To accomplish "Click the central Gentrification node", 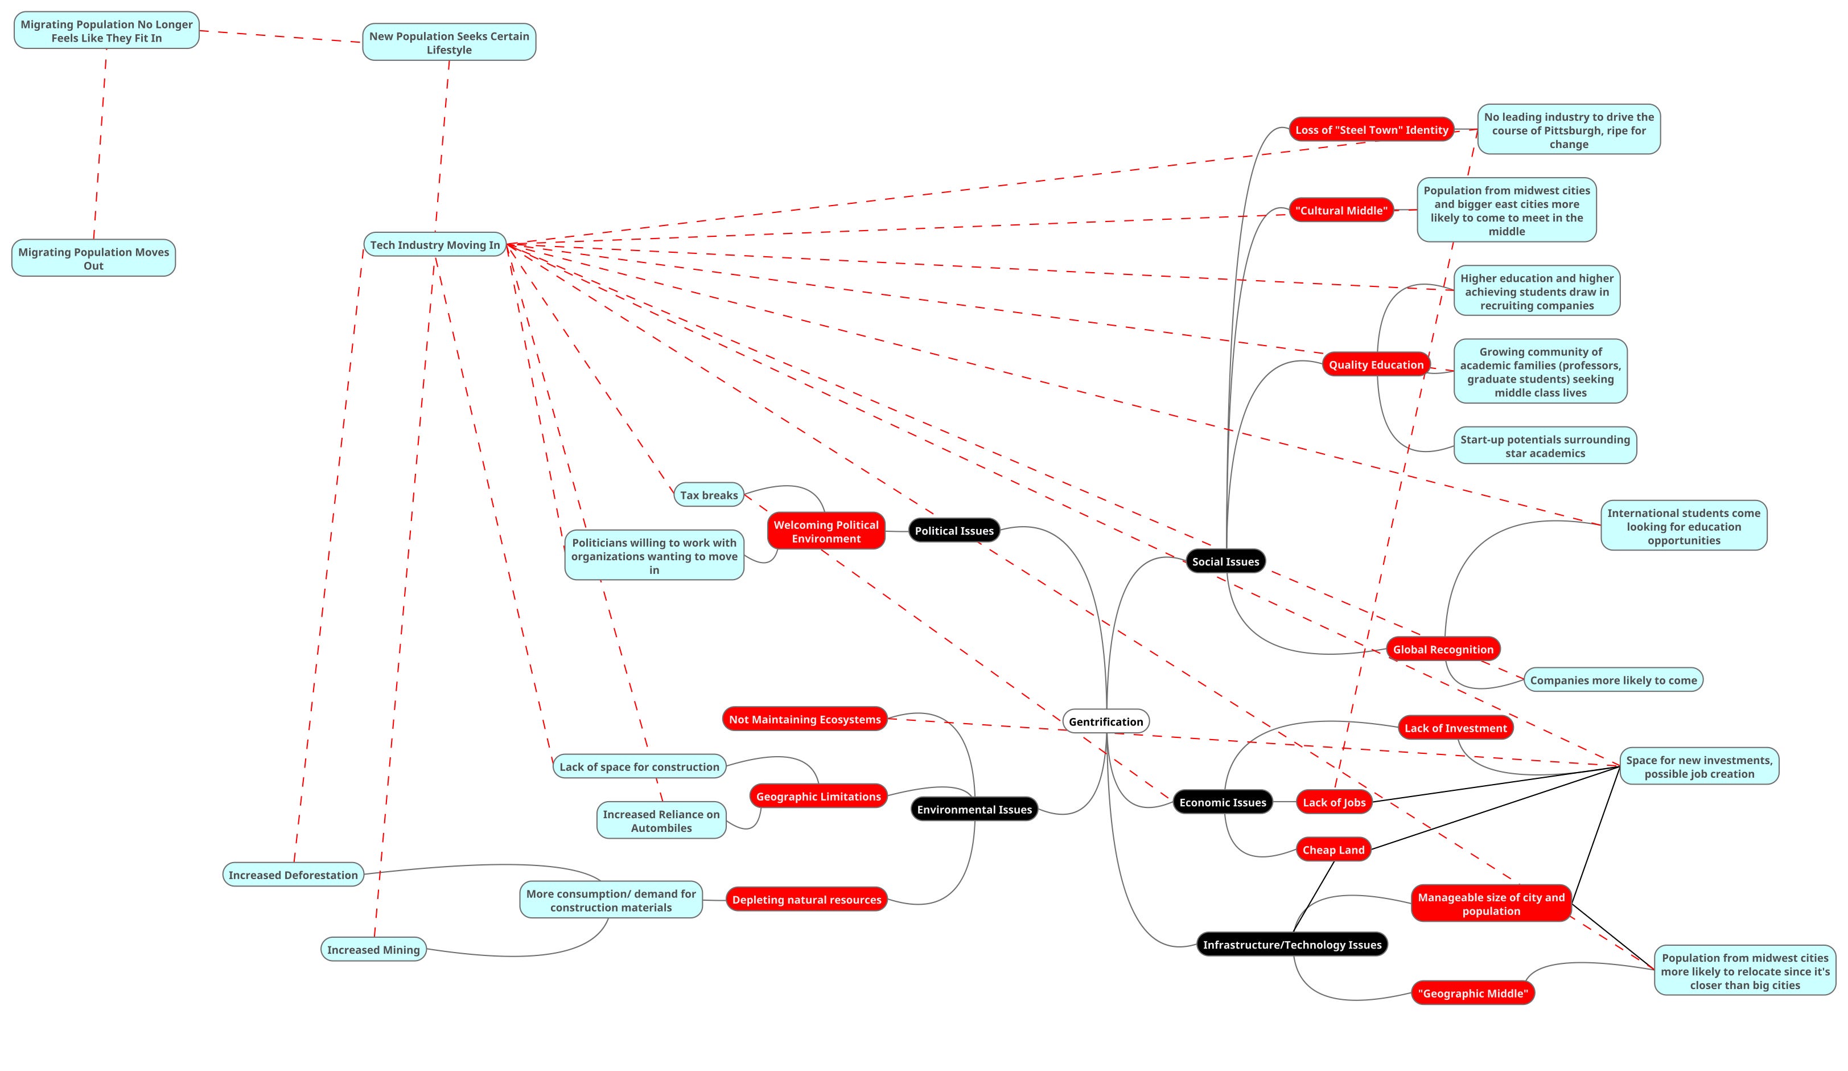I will (x=1105, y=721).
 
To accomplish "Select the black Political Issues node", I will (x=953, y=530).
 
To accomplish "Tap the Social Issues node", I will (x=1225, y=561).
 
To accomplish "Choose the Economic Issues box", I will (x=1222, y=802).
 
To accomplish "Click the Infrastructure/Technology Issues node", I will (x=1291, y=944).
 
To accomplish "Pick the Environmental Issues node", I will (x=973, y=809).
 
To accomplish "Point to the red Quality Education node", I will (x=1375, y=364).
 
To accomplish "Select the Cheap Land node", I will (x=1332, y=850).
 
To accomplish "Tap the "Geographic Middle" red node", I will (x=1472, y=993).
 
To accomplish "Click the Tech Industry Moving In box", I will (x=434, y=245).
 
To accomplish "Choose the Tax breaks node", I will (x=709, y=495).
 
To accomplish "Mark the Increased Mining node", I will (x=373, y=949).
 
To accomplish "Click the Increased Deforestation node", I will (x=293, y=875).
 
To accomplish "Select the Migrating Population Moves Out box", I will (x=93, y=258).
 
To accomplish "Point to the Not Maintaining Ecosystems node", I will (x=804, y=719).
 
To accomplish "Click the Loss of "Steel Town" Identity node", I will (x=1370, y=130).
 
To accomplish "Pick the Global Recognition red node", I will (x=1442, y=649).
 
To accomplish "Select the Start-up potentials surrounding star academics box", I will (x=1545, y=446).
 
